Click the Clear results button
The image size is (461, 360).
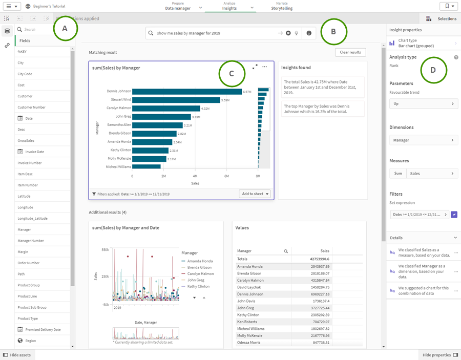[x=351, y=52]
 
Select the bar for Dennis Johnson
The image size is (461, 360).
[x=187, y=92]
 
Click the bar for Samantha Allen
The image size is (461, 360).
[x=157, y=125]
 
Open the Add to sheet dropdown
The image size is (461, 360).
[x=255, y=194]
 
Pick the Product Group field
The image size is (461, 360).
[x=29, y=285]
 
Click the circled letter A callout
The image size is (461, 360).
[x=65, y=29]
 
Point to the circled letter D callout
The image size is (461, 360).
[x=433, y=70]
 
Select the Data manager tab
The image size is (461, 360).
[x=178, y=6]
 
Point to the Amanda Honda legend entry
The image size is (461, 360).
[x=200, y=261]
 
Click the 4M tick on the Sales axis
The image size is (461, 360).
[x=195, y=176]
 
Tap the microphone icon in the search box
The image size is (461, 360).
[x=297, y=33]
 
